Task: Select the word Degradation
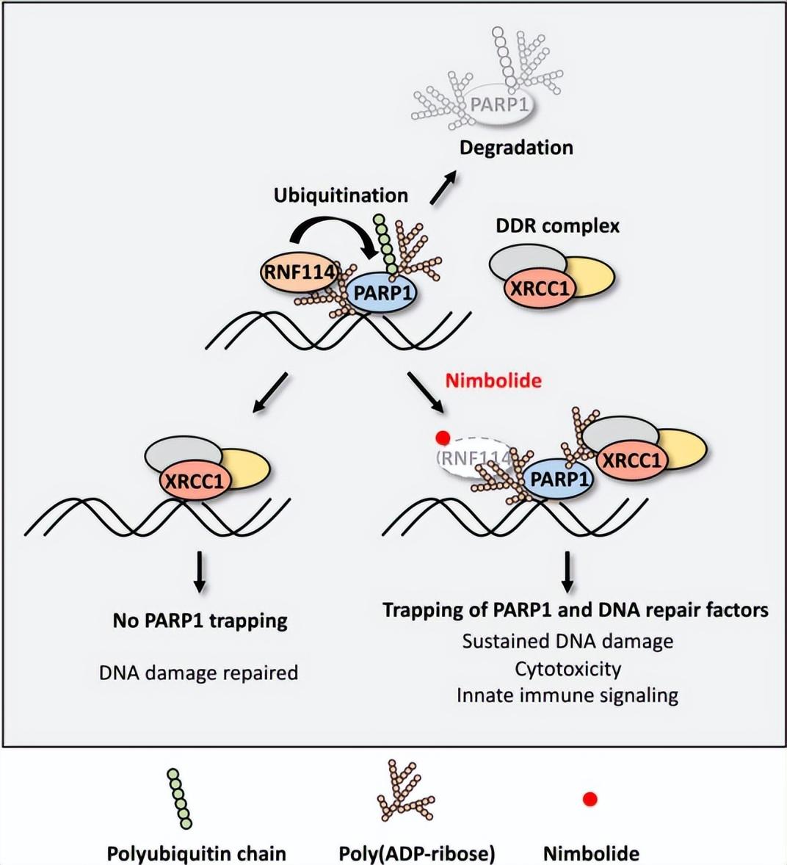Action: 516,148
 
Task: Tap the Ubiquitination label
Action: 341,195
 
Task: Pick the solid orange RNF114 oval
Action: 299,272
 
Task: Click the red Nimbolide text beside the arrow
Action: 493,380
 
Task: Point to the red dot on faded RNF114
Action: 443,438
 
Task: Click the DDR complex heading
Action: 557,225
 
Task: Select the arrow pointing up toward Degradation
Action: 443,187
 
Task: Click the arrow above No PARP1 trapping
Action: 200,572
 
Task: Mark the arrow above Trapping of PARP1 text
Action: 567,571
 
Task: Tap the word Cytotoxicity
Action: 567,669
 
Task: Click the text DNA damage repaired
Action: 198,673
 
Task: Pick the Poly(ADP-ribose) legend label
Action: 416,853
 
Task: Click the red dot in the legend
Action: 590,799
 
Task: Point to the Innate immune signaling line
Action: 567,695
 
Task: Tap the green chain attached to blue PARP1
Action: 385,245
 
